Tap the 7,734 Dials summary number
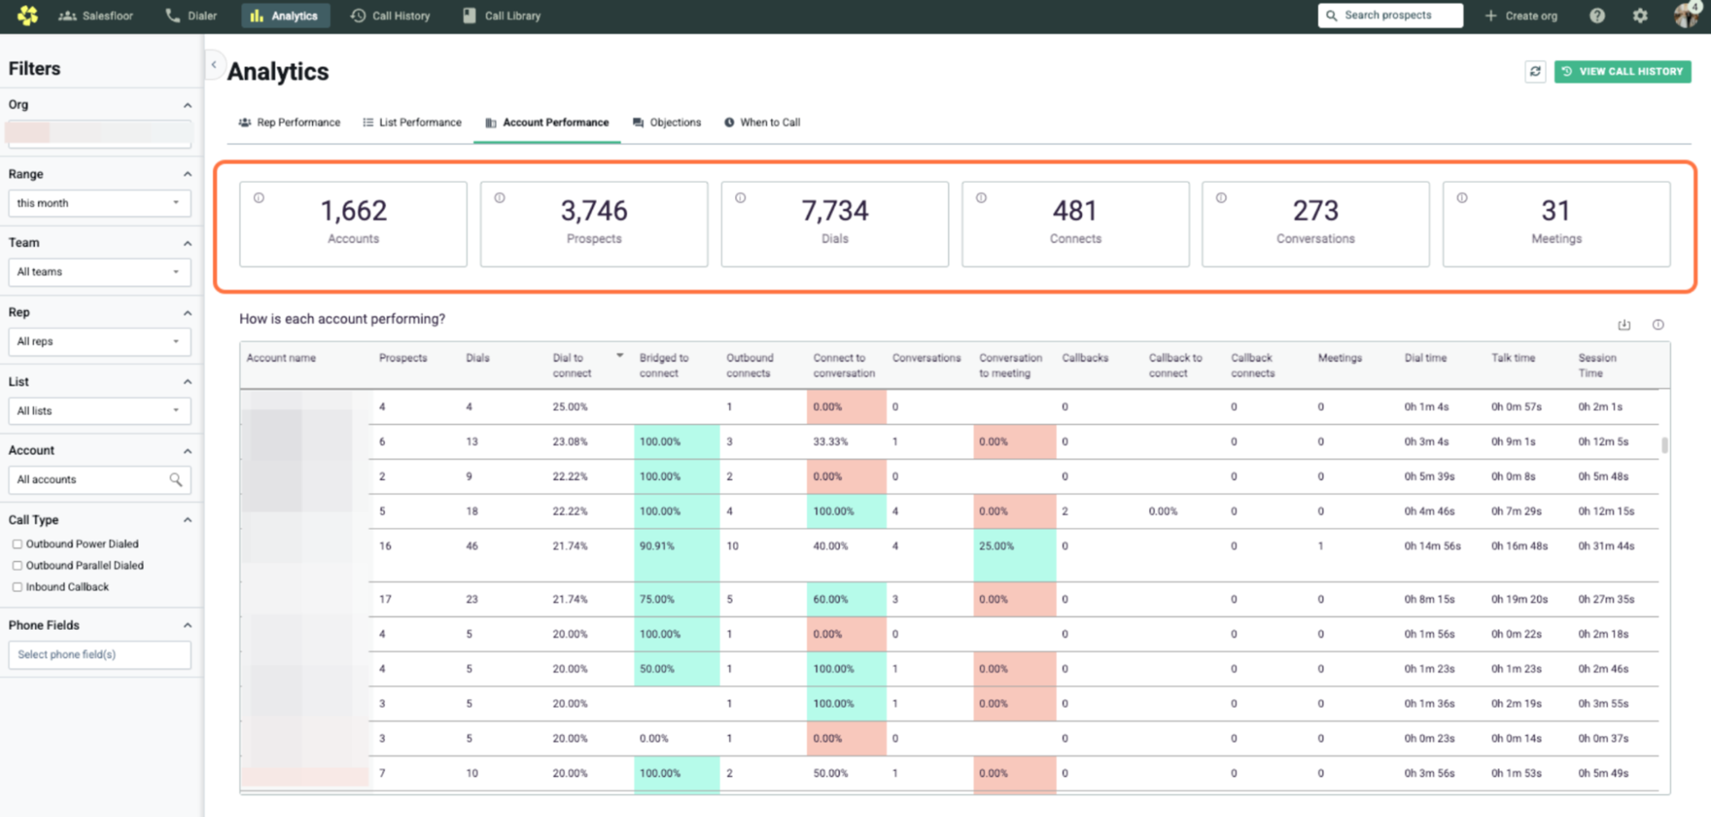(834, 211)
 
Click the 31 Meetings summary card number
(1555, 211)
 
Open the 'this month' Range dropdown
(99, 203)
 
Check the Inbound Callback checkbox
(17, 587)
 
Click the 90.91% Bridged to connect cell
(656, 546)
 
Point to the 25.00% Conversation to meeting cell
(996, 546)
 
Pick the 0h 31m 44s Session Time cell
(1605, 546)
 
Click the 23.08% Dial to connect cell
(569, 441)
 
